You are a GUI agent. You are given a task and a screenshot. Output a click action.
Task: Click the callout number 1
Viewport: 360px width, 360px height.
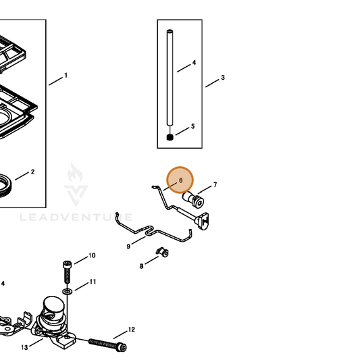point(66,75)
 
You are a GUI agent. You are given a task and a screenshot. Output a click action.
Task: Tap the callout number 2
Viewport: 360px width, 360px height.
point(32,172)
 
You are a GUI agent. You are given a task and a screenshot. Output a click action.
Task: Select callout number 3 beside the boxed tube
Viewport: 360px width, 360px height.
point(223,78)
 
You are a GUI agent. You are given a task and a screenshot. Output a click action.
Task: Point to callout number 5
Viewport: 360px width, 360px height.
point(193,126)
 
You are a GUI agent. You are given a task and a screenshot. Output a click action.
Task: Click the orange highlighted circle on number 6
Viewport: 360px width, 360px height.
point(180,180)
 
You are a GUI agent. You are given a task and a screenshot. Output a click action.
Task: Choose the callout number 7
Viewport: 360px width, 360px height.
point(215,184)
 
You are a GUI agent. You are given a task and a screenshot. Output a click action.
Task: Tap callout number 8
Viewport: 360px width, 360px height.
point(141,266)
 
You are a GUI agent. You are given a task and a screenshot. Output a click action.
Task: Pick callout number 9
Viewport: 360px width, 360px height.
point(128,247)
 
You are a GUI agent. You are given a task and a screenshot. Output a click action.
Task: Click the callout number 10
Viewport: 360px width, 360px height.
point(92,255)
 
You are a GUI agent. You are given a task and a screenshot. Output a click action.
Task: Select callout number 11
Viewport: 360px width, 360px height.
point(93,282)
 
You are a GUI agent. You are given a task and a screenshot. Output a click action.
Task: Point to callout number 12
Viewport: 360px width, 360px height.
point(131,330)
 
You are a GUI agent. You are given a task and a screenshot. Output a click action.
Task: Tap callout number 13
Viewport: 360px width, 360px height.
point(24,348)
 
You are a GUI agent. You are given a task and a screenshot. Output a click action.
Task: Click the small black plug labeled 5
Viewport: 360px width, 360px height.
point(170,137)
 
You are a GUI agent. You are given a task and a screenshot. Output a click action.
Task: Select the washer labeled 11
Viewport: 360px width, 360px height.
point(68,292)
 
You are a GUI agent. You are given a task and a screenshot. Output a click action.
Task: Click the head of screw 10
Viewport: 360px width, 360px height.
point(67,265)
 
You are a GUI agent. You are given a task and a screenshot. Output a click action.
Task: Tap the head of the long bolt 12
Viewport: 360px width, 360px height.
point(122,346)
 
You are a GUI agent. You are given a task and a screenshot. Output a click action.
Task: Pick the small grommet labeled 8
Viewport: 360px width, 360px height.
point(162,252)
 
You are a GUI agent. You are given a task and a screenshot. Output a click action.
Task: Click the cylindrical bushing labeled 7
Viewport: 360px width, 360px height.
point(193,199)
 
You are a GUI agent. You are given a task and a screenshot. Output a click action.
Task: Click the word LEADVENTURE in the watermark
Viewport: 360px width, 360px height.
point(76,217)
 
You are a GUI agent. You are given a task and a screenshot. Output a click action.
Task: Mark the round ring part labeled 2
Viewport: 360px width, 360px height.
point(4,186)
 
